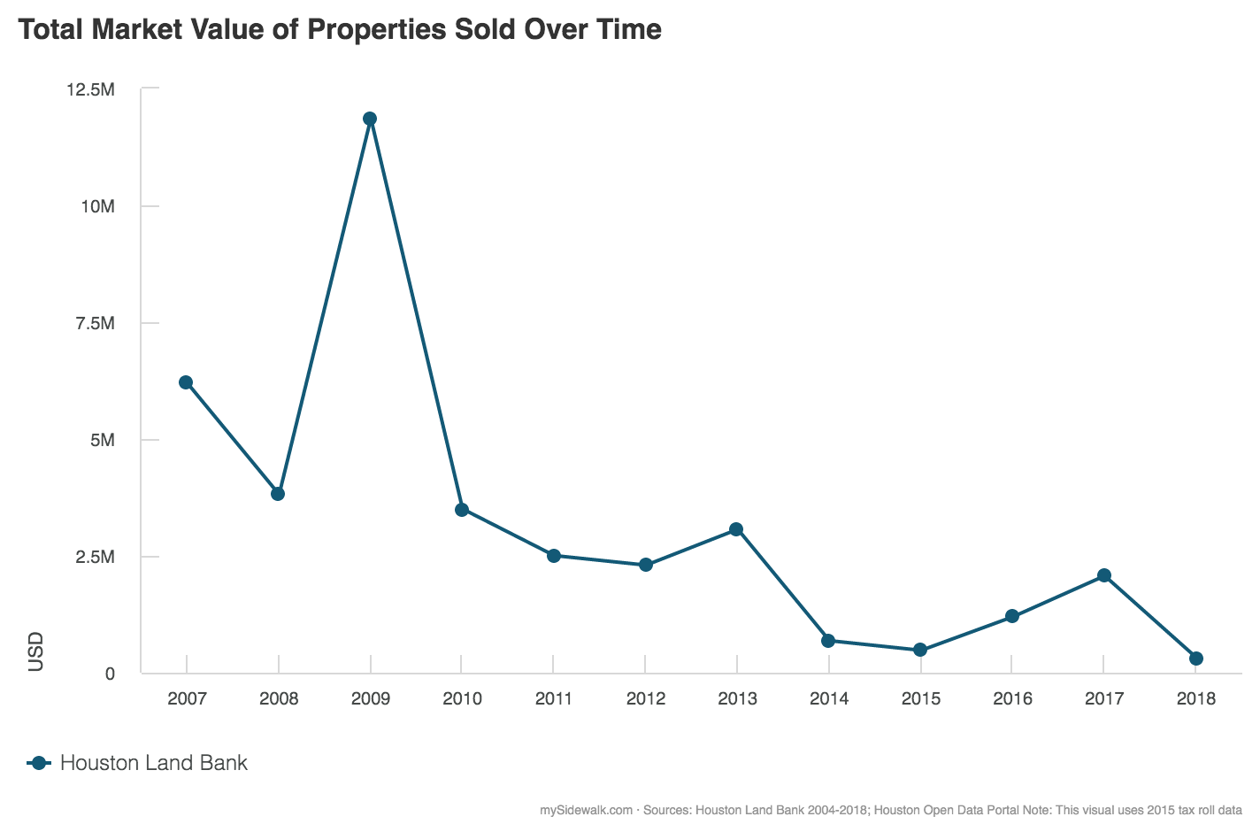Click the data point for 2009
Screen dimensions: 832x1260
click(x=370, y=119)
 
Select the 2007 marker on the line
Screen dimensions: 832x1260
click(x=186, y=382)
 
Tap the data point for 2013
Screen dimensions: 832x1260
click(x=736, y=529)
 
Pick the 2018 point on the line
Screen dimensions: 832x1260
click(x=1195, y=659)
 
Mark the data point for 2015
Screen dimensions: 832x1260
click(x=920, y=650)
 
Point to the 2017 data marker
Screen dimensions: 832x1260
click(x=1104, y=575)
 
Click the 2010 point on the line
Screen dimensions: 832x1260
click(x=461, y=510)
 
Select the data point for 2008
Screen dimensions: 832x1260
click(x=278, y=494)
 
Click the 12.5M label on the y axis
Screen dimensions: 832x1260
click(x=91, y=89)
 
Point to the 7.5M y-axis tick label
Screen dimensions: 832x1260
click(x=95, y=323)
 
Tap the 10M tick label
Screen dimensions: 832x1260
click(x=98, y=206)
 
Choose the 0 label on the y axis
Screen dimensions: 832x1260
click(x=110, y=674)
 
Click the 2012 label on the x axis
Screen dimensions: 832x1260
click(x=645, y=698)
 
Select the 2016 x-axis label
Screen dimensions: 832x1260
click(x=1012, y=698)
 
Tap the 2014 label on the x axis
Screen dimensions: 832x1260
click(x=828, y=698)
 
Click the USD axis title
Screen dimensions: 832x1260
click(x=36, y=651)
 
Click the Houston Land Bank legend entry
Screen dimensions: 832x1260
click(x=153, y=763)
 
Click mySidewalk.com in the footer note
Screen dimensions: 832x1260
click(x=585, y=810)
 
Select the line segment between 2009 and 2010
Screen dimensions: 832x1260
click(x=416, y=314)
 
